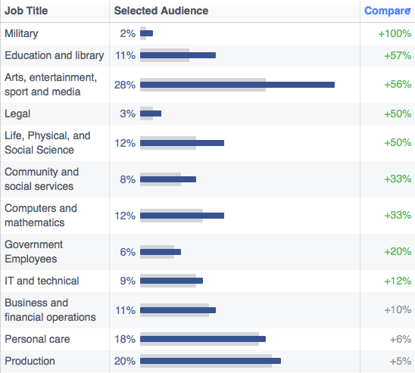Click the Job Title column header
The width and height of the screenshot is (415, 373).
(27, 11)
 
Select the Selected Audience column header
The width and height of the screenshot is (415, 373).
(161, 11)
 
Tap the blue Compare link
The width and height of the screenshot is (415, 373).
(388, 11)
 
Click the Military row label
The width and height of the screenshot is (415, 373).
(21, 33)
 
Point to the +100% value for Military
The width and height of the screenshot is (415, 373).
(395, 33)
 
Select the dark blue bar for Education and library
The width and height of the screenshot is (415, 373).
(178, 55)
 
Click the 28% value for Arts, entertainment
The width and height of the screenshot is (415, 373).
(125, 85)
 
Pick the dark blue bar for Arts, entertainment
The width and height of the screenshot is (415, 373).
(237, 85)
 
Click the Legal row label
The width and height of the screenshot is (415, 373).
(17, 113)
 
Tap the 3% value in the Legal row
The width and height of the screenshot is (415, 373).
(128, 113)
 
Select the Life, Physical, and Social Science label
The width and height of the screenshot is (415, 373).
(48, 143)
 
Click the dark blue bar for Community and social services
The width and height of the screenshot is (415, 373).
(168, 179)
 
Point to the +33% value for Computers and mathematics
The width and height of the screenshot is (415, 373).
(398, 215)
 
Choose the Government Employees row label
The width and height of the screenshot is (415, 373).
(34, 252)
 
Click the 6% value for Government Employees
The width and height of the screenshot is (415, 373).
(128, 252)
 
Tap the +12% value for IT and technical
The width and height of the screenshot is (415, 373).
(398, 281)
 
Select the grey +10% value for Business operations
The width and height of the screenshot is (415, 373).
(398, 309)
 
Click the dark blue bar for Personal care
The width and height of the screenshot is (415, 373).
(203, 339)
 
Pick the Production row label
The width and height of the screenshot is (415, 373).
(30, 361)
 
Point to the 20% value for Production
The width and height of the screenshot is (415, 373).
(125, 361)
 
